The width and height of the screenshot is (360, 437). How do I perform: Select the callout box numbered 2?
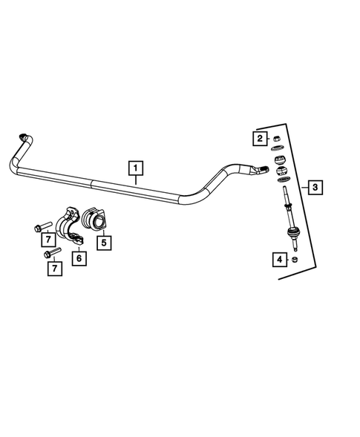click(x=260, y=139)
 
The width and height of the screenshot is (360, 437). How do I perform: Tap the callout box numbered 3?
click(x=315, y=186)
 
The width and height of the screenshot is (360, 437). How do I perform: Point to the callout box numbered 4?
click(x=279, y=260)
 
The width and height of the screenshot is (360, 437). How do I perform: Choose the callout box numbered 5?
click(x=105, y=241)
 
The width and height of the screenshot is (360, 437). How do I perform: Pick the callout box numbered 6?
click(x=76, y=257)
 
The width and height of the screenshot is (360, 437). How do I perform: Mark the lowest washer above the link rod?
click(x=283, y=180)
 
